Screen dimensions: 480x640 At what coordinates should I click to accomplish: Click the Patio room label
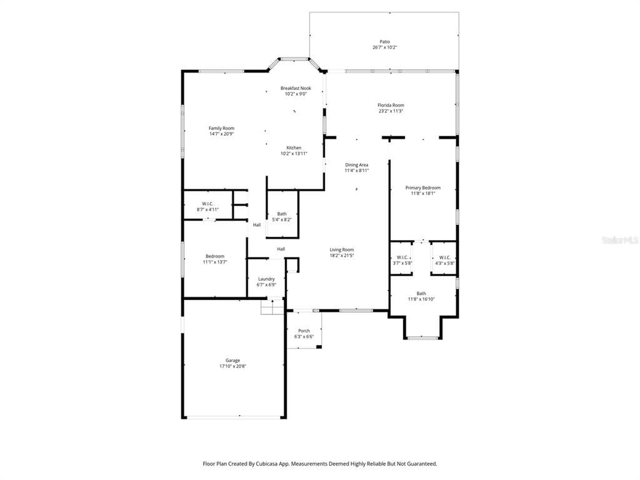(384, 42)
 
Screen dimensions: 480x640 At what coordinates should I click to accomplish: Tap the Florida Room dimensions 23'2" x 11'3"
(391, 111)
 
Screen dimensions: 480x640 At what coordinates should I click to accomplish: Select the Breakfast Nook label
(296, 88)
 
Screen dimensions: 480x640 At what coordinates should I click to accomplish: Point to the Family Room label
(221, 128)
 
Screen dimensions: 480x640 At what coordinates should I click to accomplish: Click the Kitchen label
(294, 148)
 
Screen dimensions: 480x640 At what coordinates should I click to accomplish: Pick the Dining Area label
(357, 165)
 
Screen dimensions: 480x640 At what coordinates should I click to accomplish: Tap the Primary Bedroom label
(422, 187)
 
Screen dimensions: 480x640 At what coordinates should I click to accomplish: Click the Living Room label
(342, 250)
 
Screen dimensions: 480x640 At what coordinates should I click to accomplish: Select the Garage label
(232, 361)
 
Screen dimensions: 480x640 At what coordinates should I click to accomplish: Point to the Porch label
(304, 331)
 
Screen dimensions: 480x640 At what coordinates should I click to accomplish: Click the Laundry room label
(266, 279)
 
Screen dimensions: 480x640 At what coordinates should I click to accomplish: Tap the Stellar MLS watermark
(619, 239)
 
